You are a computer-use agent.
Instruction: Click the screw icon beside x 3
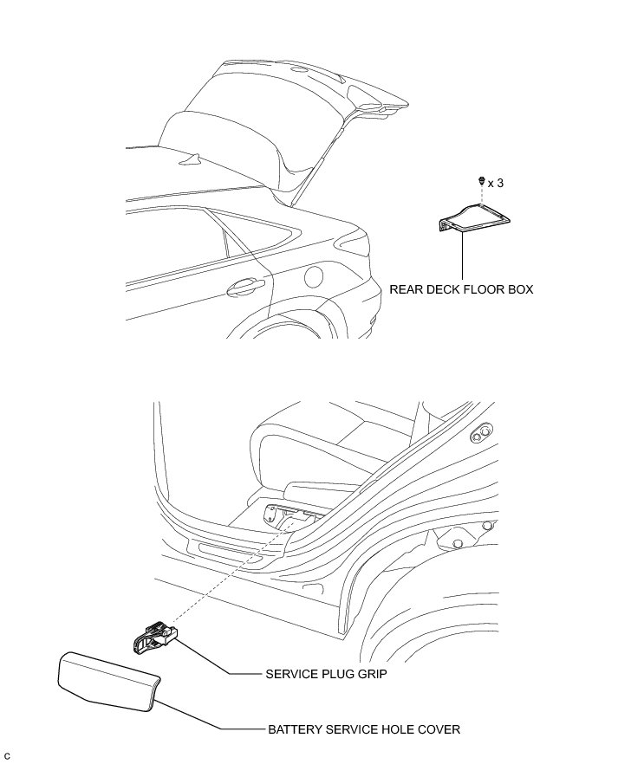click(x=481, y=182)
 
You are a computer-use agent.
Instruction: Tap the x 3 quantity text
click(x=495, y=183)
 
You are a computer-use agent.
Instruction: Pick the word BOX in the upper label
click(x=520, y=289)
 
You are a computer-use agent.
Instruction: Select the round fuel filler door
click(x=314, y=276)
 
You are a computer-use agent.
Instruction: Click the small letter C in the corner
click(x=7, y=756)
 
